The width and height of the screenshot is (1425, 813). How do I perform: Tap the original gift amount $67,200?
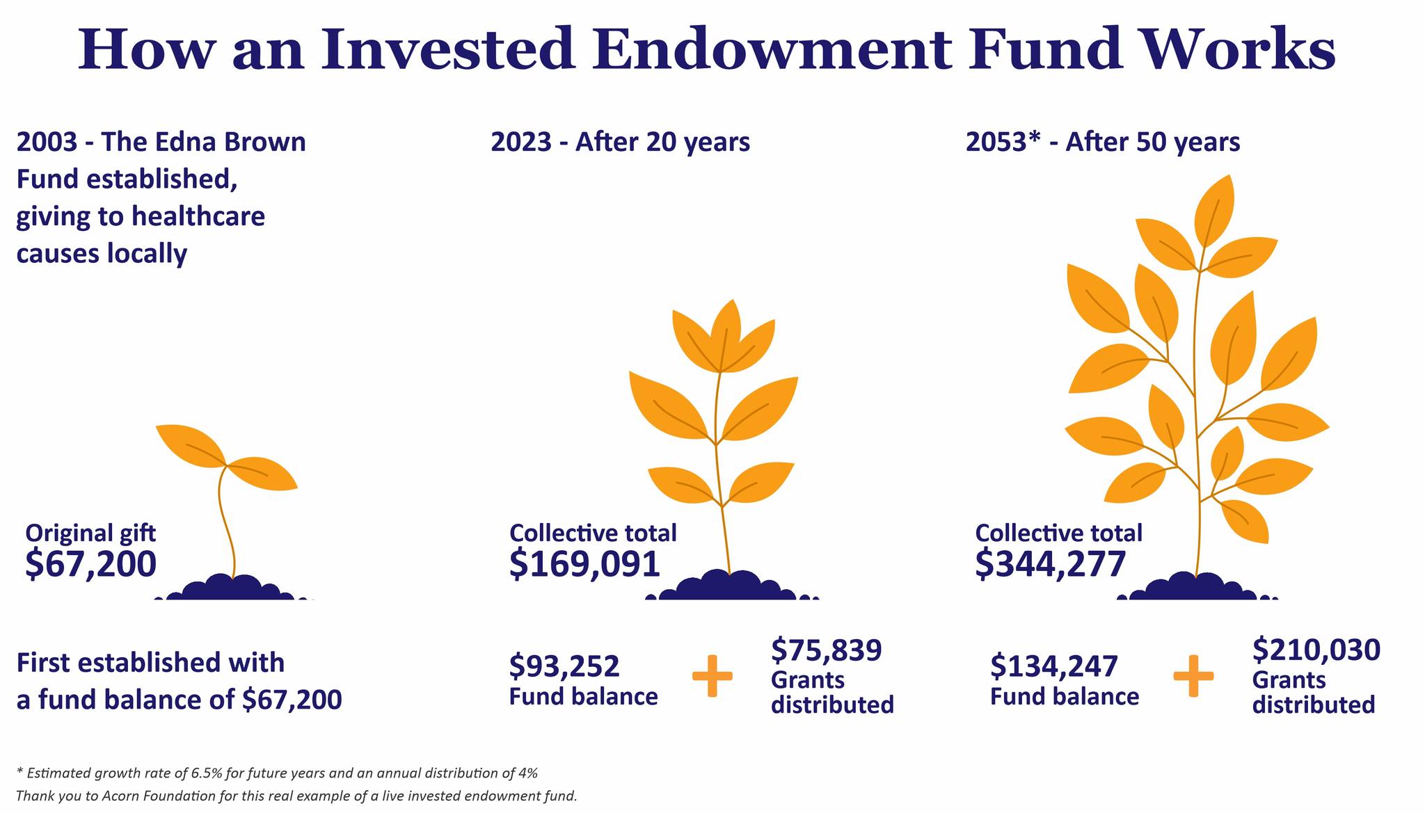(x=91, y=564)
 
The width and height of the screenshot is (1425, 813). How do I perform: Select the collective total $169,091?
(x=584, y=564)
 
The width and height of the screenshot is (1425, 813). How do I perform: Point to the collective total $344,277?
(x=1050, y=564)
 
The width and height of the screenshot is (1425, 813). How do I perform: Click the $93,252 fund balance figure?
(x=564, y=666)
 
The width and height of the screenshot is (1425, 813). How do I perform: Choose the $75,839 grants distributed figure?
(x=827, y=650)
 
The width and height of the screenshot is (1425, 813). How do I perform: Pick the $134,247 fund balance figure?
(x=1054, y=666)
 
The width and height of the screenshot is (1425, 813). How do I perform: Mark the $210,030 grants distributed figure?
(x=1316, y=650)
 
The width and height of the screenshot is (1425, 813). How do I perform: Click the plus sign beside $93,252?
(x=712, y=675)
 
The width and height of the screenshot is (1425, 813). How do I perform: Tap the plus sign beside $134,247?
(x=1193, y=675)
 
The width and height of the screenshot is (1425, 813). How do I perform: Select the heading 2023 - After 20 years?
(x=621, y=143)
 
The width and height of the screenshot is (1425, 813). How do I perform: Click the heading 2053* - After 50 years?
(x=1103, y=143)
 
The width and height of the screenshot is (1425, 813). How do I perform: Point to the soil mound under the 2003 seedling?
(x=233, y=588)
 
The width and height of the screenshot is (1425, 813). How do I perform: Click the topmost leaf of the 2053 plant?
(x=1215, y=211)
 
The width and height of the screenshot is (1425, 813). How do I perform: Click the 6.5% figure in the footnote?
(x=222, y=773)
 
